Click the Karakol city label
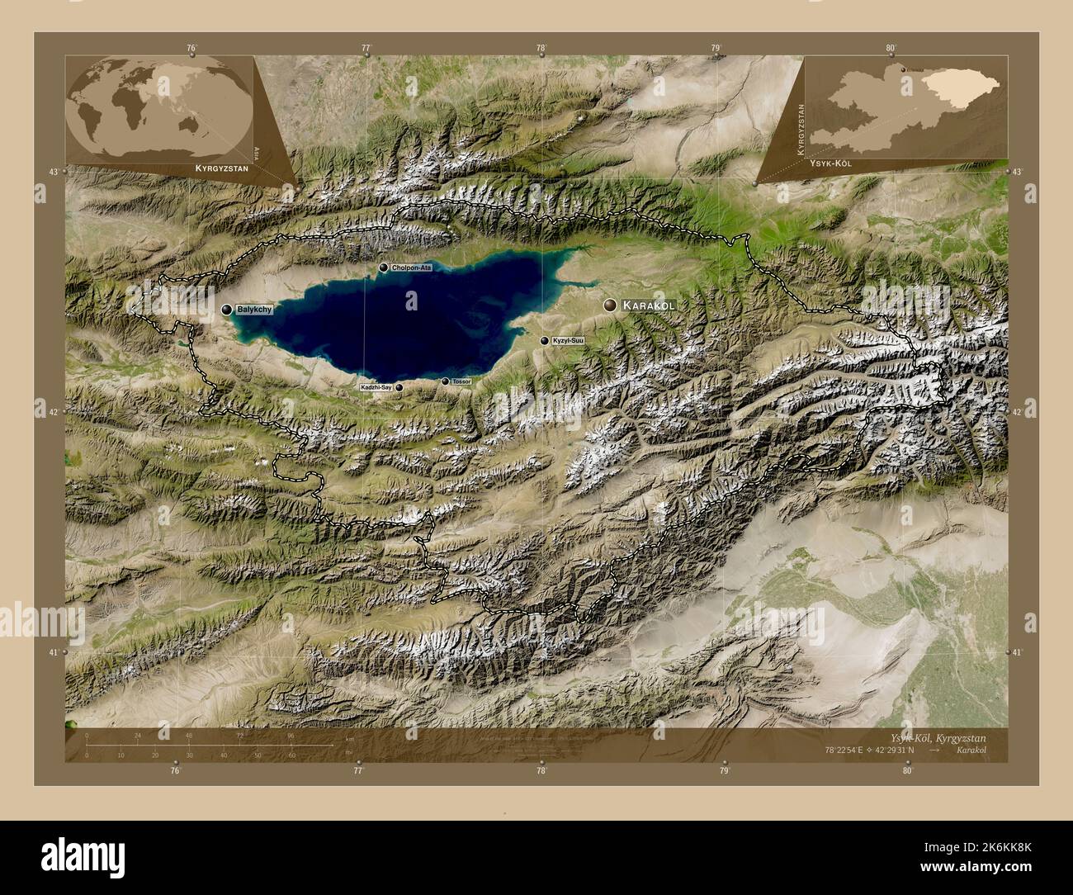pos(650,305)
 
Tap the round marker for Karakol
pos(611,305)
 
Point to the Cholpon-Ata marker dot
pos(383,268)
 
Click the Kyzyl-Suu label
pos(568,340)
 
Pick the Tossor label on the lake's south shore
pos(461,381)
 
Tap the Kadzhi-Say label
pos(376,387)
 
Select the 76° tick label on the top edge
pos(191,48)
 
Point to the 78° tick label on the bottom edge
pos(541,771)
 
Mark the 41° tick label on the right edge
pos(1018,652)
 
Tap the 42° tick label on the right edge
pos(1018,411)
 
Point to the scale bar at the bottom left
pos(190,746)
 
